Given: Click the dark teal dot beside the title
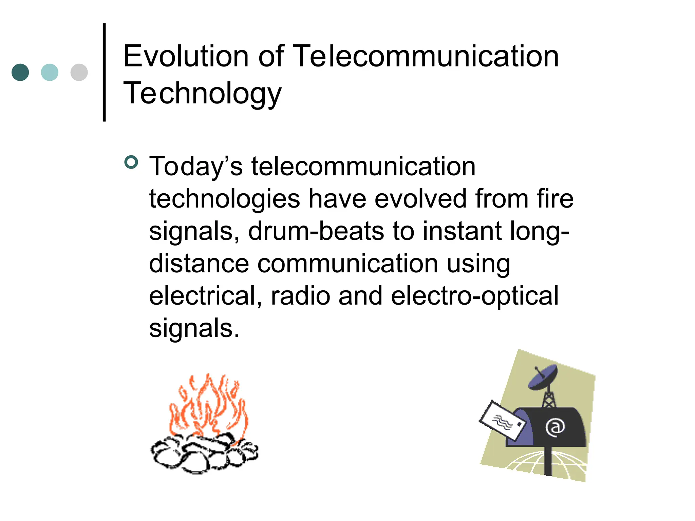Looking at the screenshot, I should click(20, 72).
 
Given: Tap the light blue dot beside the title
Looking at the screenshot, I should click(50, 72).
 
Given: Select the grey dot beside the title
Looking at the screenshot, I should click(79, 72).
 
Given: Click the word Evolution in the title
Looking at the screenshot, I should click(186, 56).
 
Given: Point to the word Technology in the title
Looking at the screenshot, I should click(202, 93).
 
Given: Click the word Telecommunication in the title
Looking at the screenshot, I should click(425, 56).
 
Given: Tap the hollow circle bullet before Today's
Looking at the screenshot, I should click(131, 162).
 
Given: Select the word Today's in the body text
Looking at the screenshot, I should click(196, 167).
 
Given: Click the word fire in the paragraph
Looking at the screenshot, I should click(555, 199).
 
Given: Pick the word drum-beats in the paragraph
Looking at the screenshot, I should click(316, 231).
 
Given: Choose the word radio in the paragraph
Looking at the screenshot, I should click(300, 296).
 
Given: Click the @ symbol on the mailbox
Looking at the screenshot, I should click(555, 427).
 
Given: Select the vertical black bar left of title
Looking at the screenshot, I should click(104, 72).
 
